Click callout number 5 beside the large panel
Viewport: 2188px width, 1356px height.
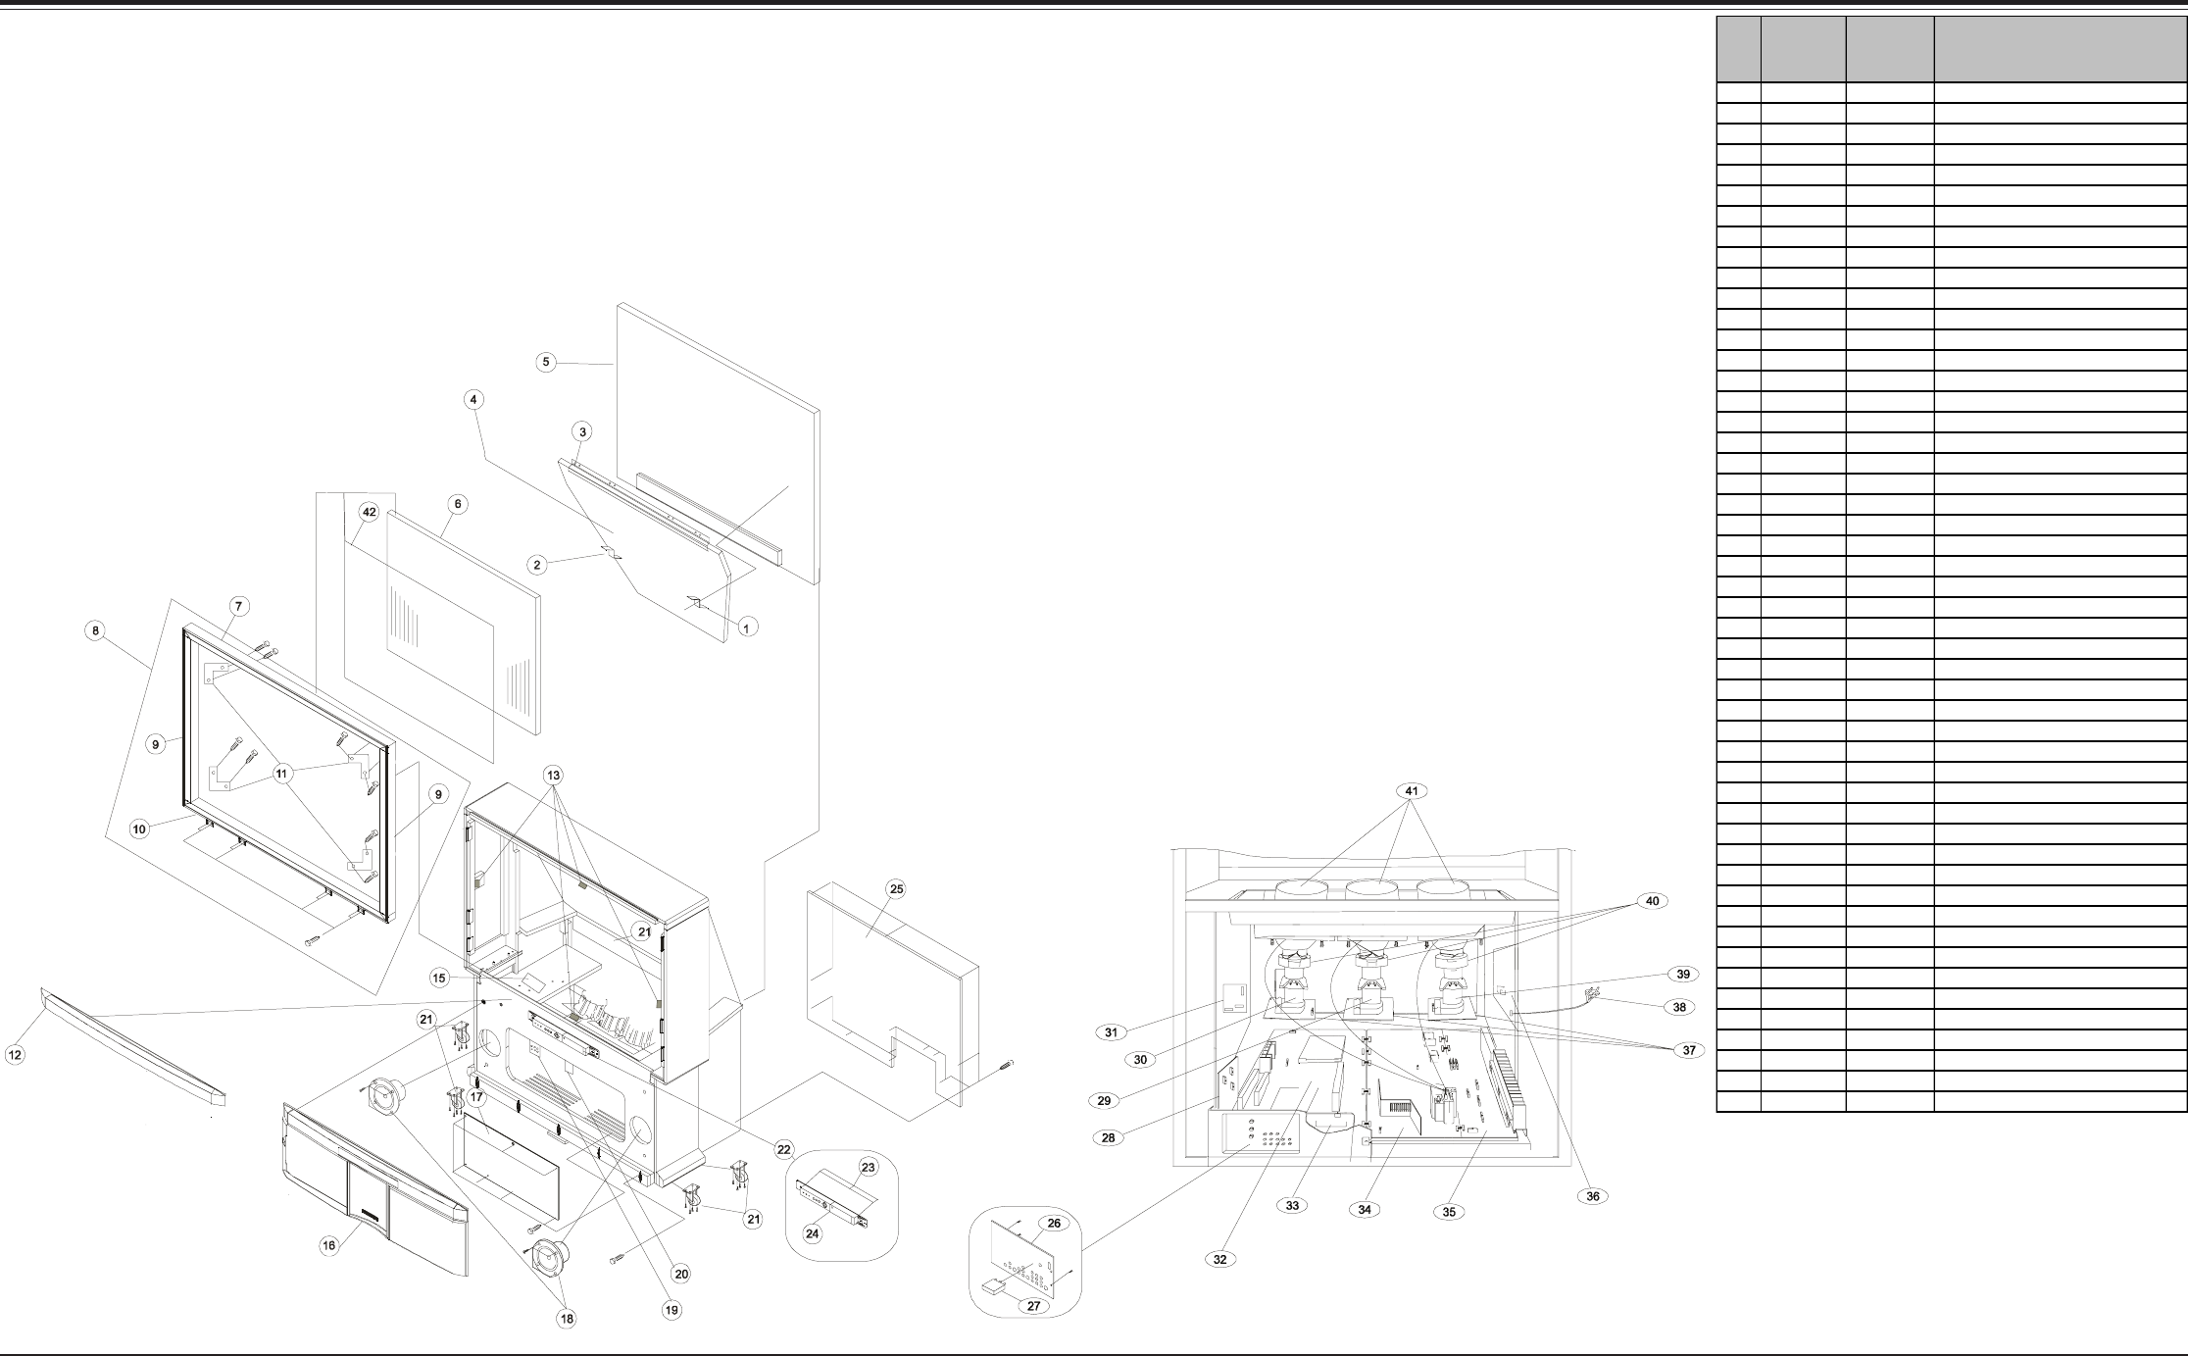coord(547,362)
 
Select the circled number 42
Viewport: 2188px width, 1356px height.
coord(370,512)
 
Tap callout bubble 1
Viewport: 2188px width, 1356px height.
coord(747,627)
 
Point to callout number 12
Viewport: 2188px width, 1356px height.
coord(15,1055)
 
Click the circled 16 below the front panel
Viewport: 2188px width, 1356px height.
coord(329,1245)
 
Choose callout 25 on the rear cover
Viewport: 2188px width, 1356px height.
coord(895,889)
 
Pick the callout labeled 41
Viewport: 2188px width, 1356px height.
coord(1412,791)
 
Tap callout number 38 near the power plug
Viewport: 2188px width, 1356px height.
coord(1679,1007)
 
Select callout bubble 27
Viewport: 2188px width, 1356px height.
coord(1033,1306)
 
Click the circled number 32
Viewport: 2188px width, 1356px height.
coord(1219,1260)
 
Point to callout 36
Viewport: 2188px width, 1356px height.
coord(1593,1196)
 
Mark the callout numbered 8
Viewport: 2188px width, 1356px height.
coord(95,631)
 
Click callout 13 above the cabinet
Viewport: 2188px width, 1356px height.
coord(553,776)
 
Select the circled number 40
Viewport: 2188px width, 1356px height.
coord(1652,901)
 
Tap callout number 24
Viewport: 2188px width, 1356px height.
coord(812,1234)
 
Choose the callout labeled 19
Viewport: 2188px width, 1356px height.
coord(671,1310)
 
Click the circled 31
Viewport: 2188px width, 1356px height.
coord(1111,1032)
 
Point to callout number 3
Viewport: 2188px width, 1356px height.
coord(582,431)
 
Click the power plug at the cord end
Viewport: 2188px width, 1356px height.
coord(1592,994)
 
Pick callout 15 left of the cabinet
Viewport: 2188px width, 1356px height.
coord(440,978)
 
